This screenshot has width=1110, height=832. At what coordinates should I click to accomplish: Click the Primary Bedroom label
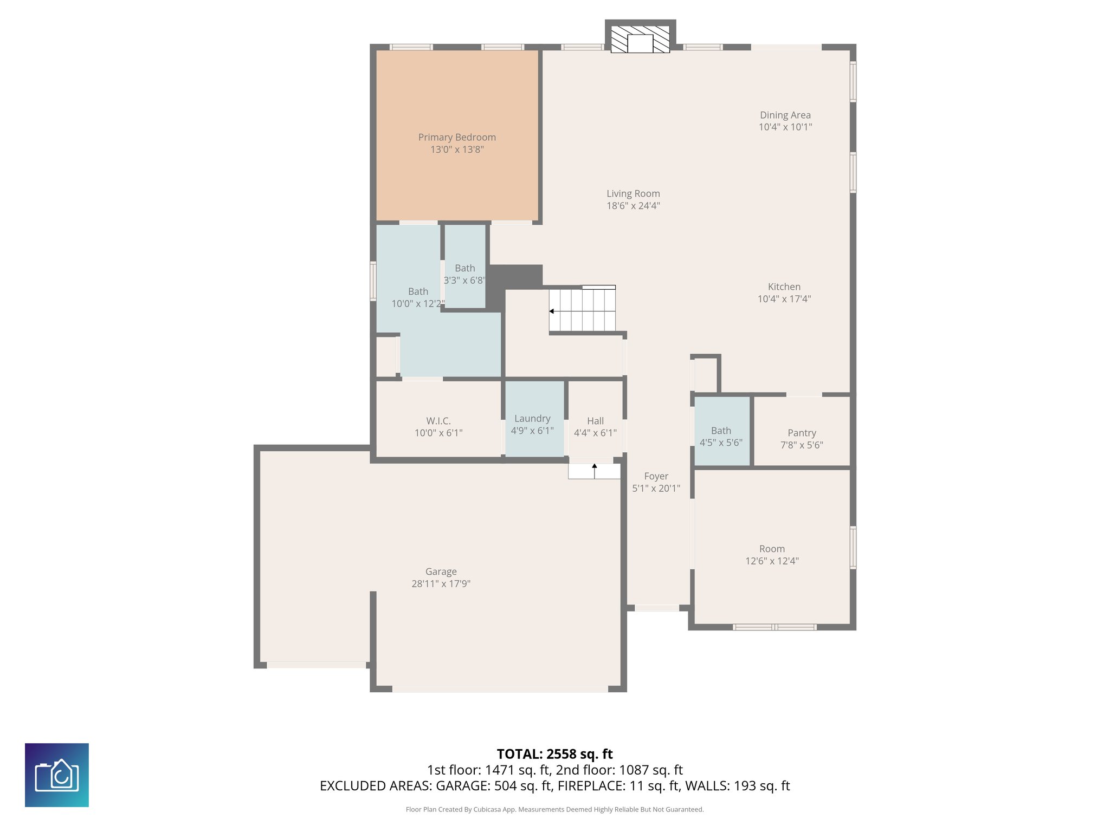pyautogui.click(x=457, y=138)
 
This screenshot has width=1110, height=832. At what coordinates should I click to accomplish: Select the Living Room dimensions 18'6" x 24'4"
pyautogui.click(x=633, y=206)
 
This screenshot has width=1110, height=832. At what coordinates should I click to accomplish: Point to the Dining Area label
pyautogui.click(x=785, y=115)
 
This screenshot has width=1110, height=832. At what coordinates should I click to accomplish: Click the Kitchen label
pyautogui.click(x=784, y=287)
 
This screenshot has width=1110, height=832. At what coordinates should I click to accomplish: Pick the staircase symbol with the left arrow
pyautogui.click(x=583, y=310)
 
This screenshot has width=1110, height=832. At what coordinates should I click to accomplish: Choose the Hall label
pyautogui.click(x=595, y=421)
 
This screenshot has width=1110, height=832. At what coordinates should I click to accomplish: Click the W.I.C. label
pyautogui.click(x=438, y=421)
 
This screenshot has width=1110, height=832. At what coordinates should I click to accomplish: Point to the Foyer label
pyautogui.click(x=656, y=476)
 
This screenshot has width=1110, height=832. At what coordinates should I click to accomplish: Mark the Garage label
pyautogui.click(x=441, y=571)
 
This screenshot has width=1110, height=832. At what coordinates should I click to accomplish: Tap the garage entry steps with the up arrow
pyautogui.click(x=594, y=471)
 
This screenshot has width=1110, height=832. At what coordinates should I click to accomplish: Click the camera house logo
pyautogui.click(x=57, y=775)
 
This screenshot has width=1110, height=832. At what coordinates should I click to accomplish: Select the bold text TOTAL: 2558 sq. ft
pyautogui.click(x=554, y=754)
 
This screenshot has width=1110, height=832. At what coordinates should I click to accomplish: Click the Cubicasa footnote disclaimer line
pyautogui.click(x=554, y=810)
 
